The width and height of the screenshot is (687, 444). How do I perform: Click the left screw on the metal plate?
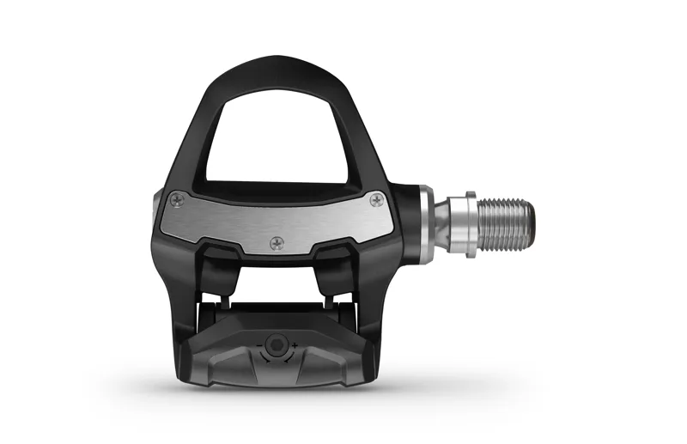[176, 200]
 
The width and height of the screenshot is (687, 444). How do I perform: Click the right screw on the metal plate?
[376, 200]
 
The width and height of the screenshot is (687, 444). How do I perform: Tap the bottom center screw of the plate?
[277, 244]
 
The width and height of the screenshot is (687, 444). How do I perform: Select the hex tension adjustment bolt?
[275, 345]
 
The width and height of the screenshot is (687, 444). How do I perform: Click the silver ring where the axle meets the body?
[426, 225]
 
